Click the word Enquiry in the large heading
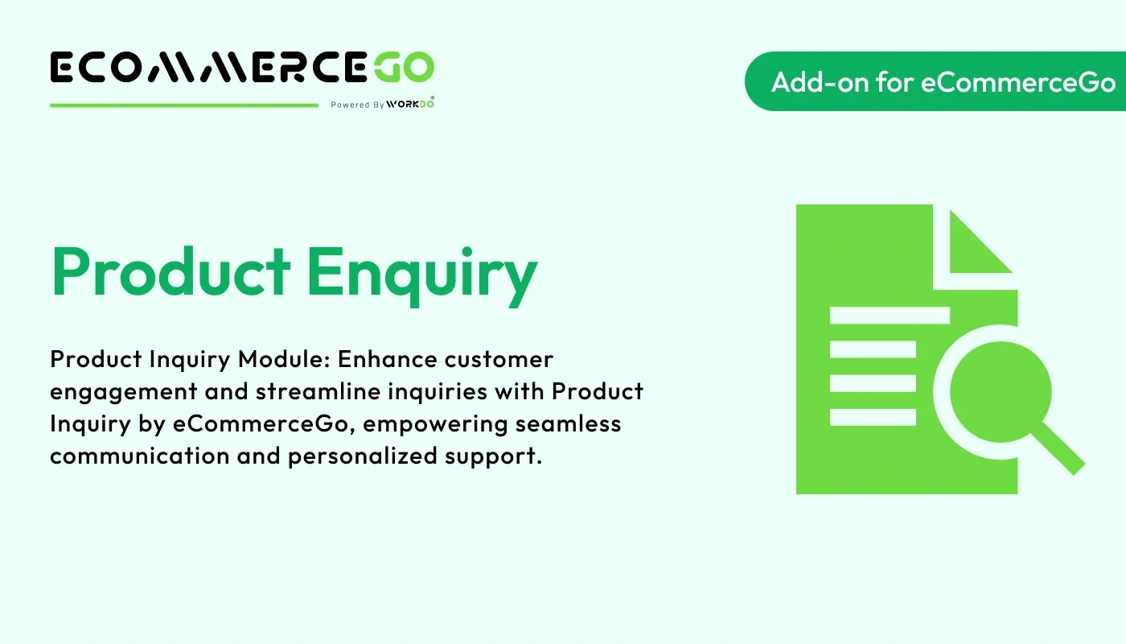pos(421,272)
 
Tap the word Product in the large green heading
pos(171,270)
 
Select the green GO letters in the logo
pos(404,68)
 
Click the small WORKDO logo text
pos(410,104)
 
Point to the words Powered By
pos(357,105)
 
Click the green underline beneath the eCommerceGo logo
pos(184,105)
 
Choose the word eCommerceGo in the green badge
pos(1017,81)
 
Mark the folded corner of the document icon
pos(977,242)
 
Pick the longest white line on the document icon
pos(889,315)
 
